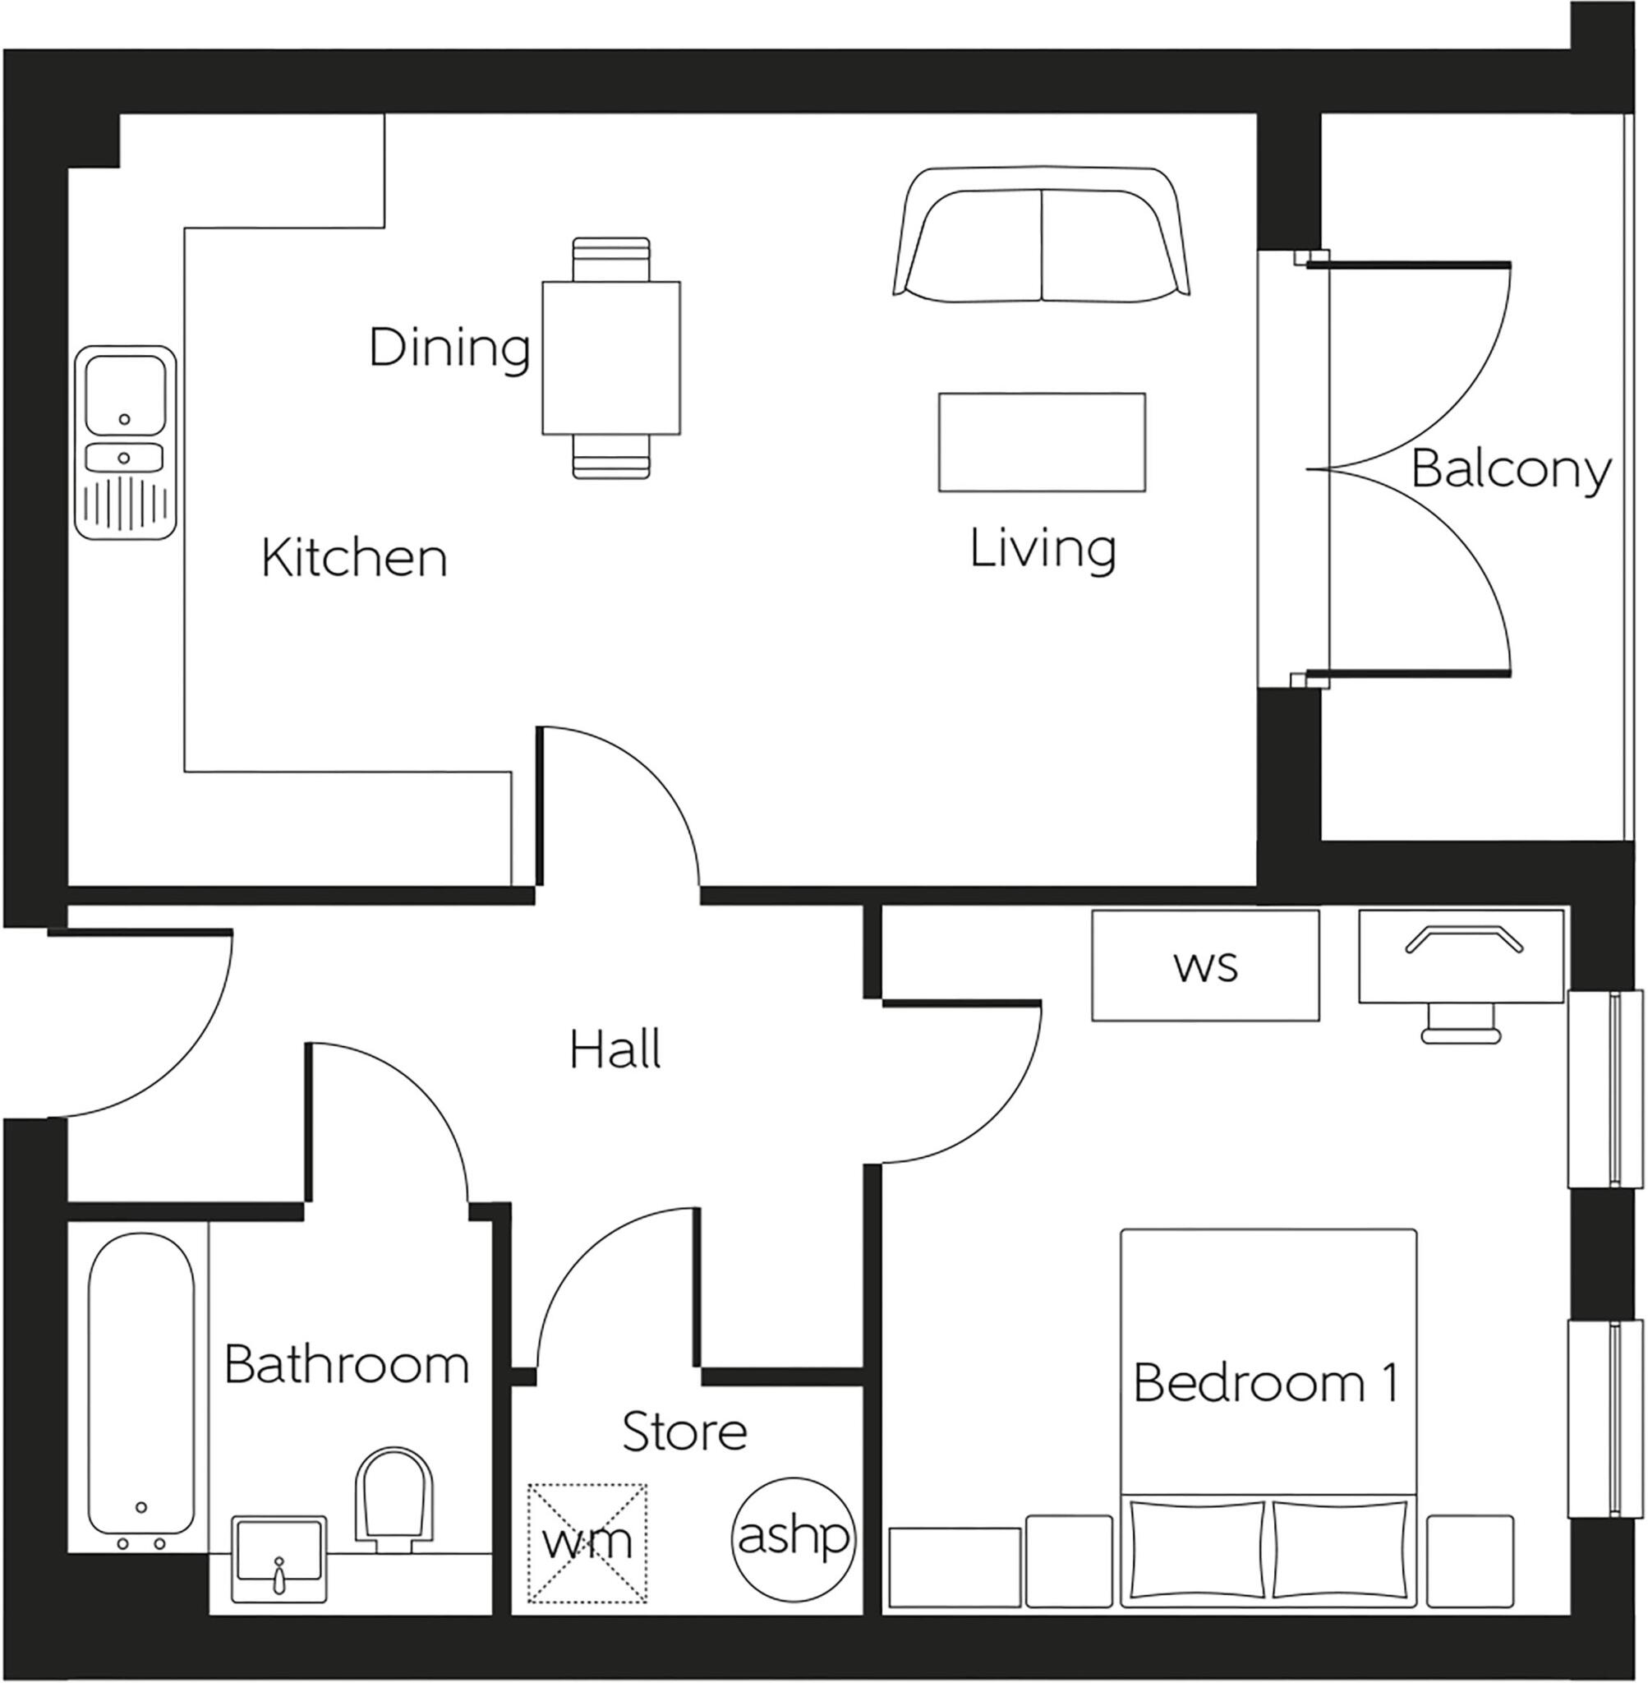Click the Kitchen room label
coord(354,559)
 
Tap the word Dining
coord(449,348)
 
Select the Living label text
coord(1042,549)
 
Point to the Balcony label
coord(1510,470)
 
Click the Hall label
coord(615,1049)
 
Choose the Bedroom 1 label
coord(1265,1382)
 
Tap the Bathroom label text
coord(346,1364)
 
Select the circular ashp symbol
coord(793,1537)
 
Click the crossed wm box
coord(587,1542)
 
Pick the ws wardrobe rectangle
coord(1205,966)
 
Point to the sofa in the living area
coord(1041,236)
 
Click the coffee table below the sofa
coord(1042,442)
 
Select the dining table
coord(611,357)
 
